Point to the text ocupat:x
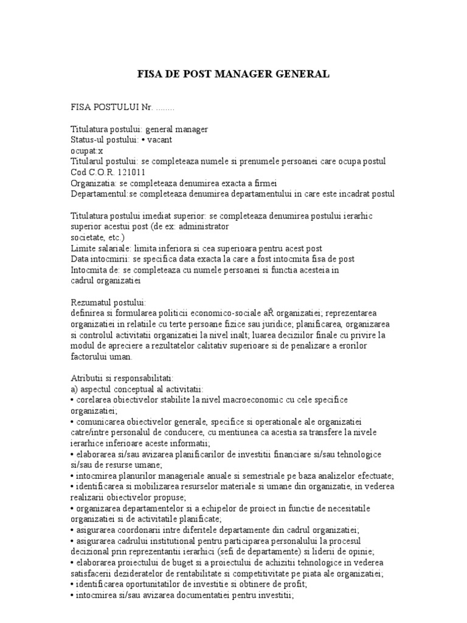tap(87, 150)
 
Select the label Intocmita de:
tap(96, 270)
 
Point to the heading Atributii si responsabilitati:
tap(122, 378)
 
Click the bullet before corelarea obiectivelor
tap(72, 400)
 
